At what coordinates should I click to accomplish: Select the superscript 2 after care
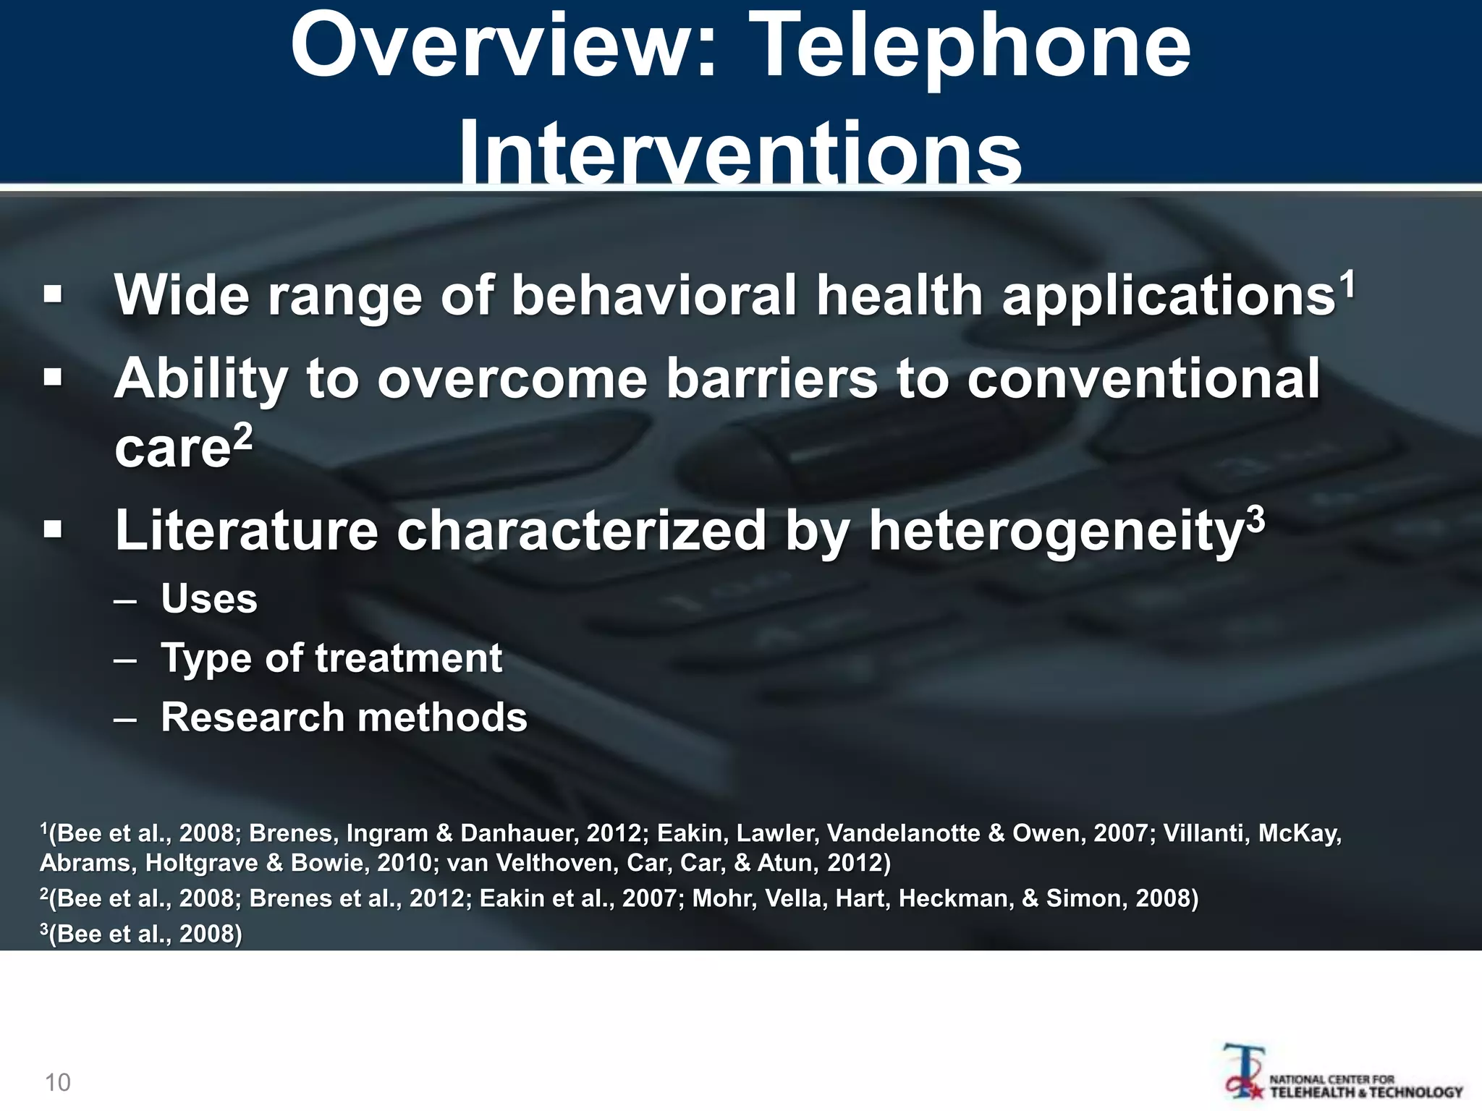(x=244, y=435)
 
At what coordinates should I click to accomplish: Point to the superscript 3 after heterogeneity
(x=1256, y=518)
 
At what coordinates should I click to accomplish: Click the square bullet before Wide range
(x=52, y=295)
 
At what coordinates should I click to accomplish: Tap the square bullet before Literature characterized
(x=52, y=530)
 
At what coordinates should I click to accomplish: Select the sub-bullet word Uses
(x=209, y=599)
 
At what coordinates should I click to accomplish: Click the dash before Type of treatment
(x=124, y=659)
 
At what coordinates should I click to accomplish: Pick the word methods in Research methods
(x=442, y=718)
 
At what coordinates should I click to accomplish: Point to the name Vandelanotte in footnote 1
(x=904, y=833)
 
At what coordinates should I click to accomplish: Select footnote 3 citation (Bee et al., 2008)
(x=141, y=934)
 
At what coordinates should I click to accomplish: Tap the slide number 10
(x=58, y=1083)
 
